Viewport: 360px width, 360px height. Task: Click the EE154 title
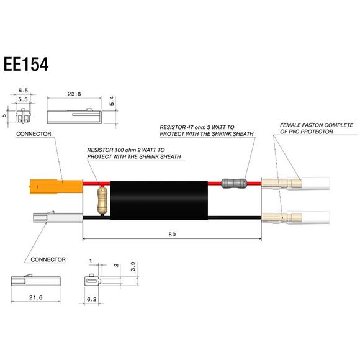tap(26, 64)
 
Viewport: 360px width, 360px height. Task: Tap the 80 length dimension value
tap(172, 235)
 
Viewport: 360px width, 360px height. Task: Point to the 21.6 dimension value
tap(35, 298)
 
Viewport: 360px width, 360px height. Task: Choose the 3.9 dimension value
tap(133, 266)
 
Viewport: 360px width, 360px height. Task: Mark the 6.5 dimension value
tap(23, 91)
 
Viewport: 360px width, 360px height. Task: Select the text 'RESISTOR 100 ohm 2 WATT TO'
tap(126, 150)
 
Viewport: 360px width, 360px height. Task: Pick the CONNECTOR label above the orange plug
tap(33, 134)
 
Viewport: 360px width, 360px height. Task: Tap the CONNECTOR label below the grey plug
tap(48, 259)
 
